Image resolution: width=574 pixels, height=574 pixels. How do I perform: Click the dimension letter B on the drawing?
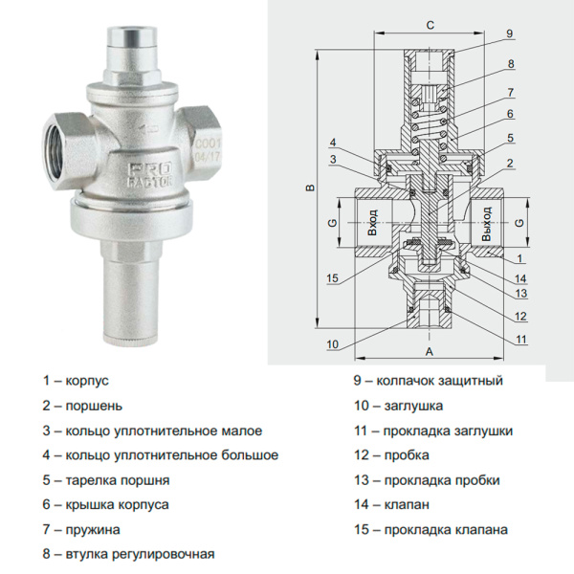pos(309,188)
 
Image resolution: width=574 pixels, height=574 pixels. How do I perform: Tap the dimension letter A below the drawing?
pos(430,352)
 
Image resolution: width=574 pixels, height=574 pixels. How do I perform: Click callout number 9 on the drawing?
pos(510,33)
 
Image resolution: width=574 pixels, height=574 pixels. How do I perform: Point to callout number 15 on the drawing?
pos(333,278)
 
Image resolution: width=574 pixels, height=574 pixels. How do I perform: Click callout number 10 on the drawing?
pos(332,343)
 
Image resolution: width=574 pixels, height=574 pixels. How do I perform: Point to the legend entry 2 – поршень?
pos(82,405)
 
